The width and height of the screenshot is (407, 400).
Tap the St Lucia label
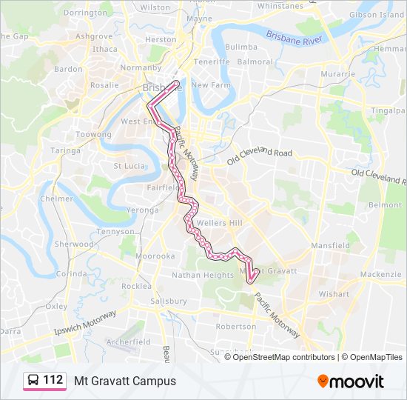128,166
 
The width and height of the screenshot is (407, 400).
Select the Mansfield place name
331,245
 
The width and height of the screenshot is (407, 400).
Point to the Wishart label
334,294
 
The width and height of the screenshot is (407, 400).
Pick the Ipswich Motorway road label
86,323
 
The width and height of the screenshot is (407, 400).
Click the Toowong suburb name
94,135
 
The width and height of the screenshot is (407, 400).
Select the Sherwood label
75,244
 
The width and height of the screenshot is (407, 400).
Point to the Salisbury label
168,301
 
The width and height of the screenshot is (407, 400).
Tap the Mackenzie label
380,274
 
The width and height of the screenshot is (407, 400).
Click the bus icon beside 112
33,381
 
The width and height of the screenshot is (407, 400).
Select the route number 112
53,380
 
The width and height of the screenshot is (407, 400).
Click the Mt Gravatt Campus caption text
125,381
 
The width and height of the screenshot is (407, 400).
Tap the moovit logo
351,381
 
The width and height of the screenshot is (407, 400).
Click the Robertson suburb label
235,326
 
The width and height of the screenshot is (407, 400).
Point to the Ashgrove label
94,36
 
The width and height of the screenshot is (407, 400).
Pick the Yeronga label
142,210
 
